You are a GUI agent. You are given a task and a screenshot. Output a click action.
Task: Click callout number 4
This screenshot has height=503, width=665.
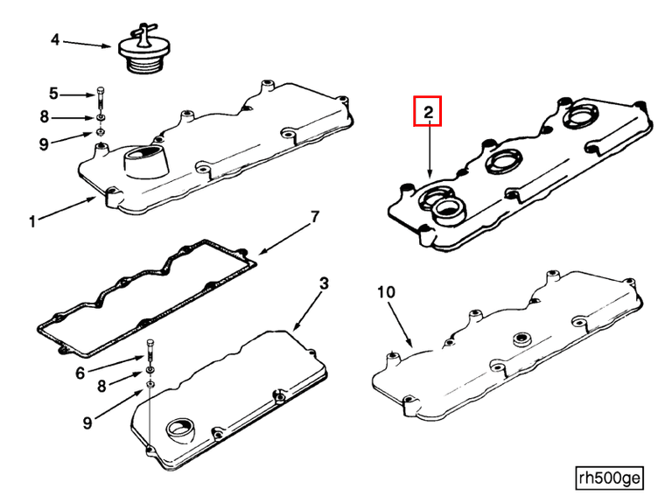pyautogui.click(x=55, y=39)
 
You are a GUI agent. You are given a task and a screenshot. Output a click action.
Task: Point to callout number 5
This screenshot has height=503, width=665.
pyautogui.click(x=53, y=93)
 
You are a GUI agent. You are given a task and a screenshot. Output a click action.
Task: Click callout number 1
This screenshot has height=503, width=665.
pyautogui.click(x=31, y=222)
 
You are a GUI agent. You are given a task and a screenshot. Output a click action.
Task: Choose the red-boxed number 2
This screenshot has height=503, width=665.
pyautogui.click(x=429, y=112)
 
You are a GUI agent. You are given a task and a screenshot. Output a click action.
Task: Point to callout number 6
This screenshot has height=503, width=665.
pyautogui.click(x=80, y=373)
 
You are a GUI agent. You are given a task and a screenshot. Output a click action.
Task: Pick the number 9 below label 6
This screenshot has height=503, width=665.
pyautogui.click(x=87, y=423)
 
